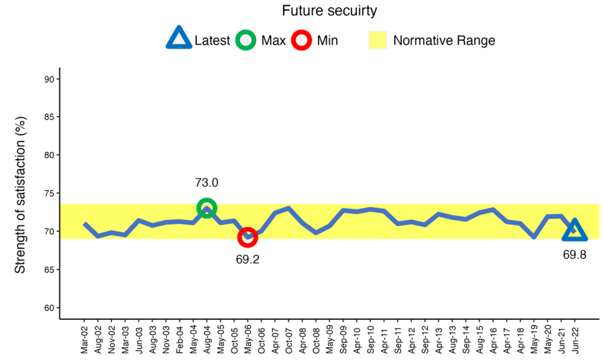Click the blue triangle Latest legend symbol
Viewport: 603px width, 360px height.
pyautogui.click(x=179, y=40)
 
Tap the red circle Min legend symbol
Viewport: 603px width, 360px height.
pyautogui.click(x=302, y=40)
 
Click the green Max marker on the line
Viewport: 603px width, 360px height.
pyautogui.click(x=207, y=208)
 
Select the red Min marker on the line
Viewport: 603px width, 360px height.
pyautogui.click(x=248, y=237)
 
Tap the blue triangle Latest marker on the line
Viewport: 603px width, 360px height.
pyautogui.click(x=574, y=231)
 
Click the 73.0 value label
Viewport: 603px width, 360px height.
pyautogui.click(x=207, y=182)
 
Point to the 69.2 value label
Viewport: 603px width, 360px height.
pyautogui.click(x=248, y=259)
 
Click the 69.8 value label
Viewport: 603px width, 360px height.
pyautogui.click(x=574, y=255)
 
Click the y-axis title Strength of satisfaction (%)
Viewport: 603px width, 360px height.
pyautogui.click(x=20, y=194)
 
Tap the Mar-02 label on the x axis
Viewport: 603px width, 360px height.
pyautogui.click(x=85, y=339)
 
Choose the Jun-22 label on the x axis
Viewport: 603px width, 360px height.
pyautogui.click(x=575, y=339)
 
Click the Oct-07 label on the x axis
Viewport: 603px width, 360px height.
pyautogui.click(x=288, y=339)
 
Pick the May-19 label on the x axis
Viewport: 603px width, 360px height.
pyautogui.click(x=534, y=339)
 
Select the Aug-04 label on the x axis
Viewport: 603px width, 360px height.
pyautogui.click(x=207, y=339)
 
